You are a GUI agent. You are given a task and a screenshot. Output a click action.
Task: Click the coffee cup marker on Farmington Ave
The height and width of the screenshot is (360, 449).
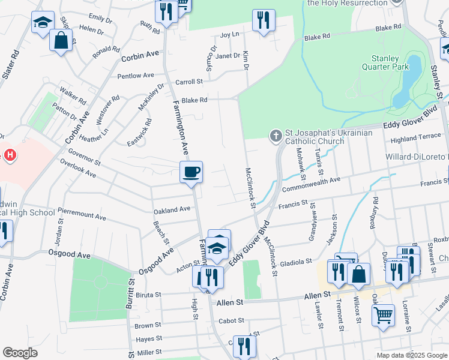point(191,172)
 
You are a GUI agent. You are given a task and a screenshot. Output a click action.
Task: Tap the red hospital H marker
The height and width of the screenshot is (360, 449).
point(9,156)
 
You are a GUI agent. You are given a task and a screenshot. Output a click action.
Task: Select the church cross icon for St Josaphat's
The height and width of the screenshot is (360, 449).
point(276,136)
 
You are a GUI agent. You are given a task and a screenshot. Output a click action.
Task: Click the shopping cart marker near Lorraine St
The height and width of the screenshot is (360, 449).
point(383,314)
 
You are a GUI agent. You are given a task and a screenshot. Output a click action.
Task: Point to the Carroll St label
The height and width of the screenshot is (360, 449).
point(189,82)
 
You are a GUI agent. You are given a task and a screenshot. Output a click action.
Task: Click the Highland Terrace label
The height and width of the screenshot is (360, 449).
point(415,137)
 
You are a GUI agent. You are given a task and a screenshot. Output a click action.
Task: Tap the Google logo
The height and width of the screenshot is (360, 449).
point(20,353)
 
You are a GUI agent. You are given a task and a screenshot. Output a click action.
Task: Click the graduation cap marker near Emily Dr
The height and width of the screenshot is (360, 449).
point(43,23)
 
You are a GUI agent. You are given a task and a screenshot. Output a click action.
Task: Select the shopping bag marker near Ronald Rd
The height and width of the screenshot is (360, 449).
point(61,41)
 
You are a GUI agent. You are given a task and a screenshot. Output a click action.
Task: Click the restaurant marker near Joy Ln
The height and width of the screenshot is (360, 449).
point(263,20)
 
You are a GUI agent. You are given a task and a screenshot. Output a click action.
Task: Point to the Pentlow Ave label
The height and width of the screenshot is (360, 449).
point(136,76)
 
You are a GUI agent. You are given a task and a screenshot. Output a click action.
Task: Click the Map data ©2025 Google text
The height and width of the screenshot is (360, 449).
point(412,355)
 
